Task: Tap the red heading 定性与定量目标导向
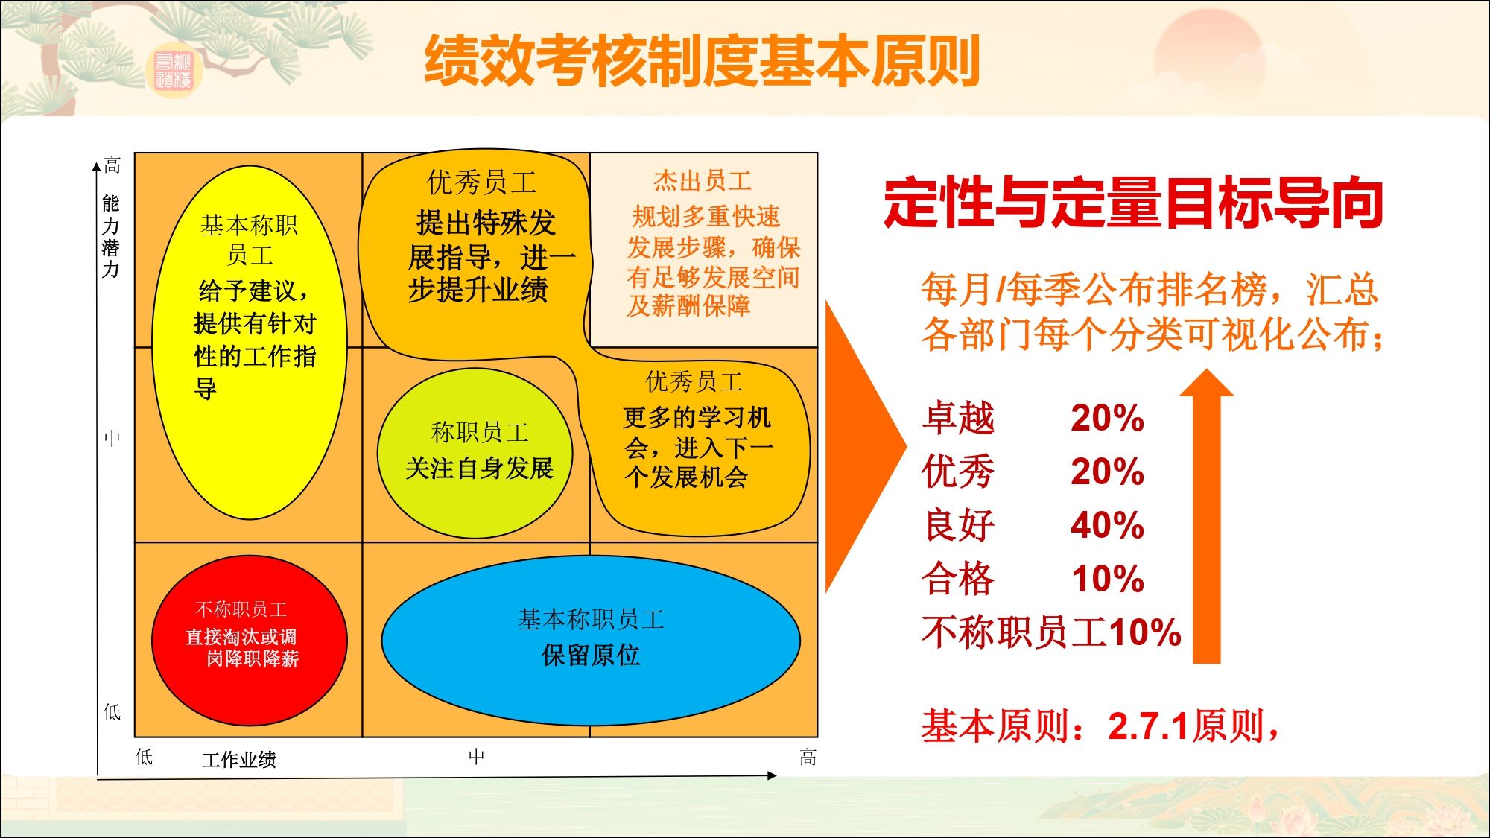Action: pos(1133,203)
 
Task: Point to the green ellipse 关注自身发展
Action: pos(475,453)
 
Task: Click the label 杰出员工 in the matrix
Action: pos(703,180)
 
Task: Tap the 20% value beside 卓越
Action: pos(1107,418)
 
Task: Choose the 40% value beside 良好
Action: pos(1107,525)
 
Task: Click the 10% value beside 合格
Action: pos(1107,579)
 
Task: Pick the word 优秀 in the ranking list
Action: pos(958,472)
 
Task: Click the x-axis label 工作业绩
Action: pos(239,760)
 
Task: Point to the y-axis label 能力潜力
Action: pos(111,236)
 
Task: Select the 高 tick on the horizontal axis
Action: pos(808,758)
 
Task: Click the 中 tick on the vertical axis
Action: pos(112,438)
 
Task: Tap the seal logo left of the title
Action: pos(173,72)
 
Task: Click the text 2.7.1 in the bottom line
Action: pos(1147,726)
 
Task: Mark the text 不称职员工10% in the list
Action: pos(1051,632)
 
